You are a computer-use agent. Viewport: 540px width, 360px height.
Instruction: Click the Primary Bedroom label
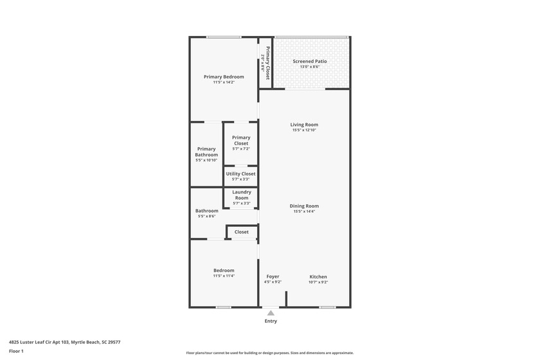224,76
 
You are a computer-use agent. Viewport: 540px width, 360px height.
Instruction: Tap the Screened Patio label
310,61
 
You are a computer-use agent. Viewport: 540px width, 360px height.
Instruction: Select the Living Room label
304,125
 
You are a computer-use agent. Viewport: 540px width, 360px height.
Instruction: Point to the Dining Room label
304,206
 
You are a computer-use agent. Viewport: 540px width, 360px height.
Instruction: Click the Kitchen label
318,276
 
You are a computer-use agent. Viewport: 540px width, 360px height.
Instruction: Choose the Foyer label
273,276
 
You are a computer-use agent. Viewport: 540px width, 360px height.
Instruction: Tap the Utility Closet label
240,174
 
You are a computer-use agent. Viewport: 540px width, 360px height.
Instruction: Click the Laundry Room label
241,195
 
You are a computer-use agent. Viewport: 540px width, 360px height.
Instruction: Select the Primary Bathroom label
206,152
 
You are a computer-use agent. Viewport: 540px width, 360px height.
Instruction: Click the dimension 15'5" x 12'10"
304,130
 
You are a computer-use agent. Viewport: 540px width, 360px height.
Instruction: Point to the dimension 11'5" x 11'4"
224,276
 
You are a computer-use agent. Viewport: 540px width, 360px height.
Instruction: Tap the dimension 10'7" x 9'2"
318,282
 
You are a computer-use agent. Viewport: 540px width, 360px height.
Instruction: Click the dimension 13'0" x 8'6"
310,67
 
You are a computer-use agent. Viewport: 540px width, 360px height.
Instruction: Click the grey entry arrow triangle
271,313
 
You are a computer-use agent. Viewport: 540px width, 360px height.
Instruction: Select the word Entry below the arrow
271,321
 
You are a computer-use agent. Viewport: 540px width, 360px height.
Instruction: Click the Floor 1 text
16,351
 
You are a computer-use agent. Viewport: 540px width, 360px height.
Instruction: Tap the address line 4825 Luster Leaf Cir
64,343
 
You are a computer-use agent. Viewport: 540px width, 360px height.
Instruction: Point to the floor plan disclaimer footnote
270,352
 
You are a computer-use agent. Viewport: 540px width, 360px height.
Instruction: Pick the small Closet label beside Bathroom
242,232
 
